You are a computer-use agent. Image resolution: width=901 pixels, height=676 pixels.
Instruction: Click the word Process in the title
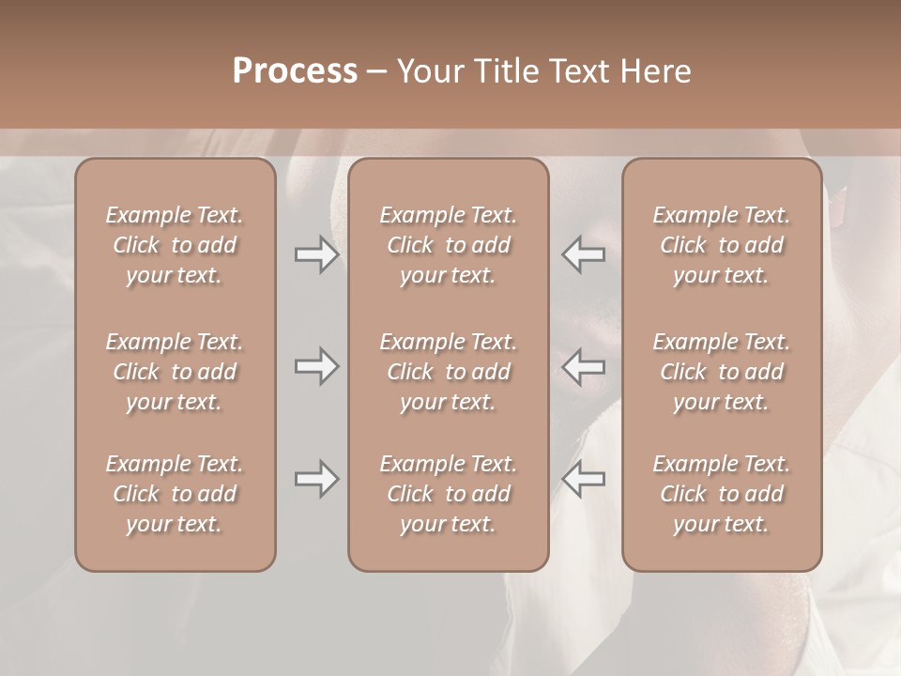[295, 71]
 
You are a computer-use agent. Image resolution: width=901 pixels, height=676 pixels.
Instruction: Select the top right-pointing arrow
[316, 254]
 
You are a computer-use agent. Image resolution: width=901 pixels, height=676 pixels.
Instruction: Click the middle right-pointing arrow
[316, 366]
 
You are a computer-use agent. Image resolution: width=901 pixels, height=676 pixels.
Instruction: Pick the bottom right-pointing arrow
[316, 479]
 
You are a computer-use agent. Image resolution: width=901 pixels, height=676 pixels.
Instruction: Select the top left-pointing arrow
[583, 254]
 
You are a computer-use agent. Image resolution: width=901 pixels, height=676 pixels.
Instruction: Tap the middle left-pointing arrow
[583, 366]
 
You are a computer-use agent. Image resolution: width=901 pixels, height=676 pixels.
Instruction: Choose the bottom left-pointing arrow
[583, 479]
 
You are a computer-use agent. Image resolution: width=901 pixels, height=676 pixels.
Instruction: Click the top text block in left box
[175, 245]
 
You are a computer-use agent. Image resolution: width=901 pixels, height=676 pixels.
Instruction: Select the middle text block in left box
[175, 372]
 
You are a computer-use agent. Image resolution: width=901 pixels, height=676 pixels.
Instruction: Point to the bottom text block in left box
[175, 494]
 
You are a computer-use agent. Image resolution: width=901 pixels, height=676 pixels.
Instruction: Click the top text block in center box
[449, 245]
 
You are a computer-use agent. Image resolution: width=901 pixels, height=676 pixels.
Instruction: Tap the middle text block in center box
[449, 372]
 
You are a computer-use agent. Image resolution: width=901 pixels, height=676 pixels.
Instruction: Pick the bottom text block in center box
[449, 494]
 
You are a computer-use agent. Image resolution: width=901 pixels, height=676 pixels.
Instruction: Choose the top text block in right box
[722, 245]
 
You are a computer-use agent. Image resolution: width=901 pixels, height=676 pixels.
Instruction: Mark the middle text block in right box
[722, 372]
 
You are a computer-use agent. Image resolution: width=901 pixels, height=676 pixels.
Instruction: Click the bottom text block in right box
[722, 494]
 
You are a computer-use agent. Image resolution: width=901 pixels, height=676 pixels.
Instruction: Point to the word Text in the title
[578, 71]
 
